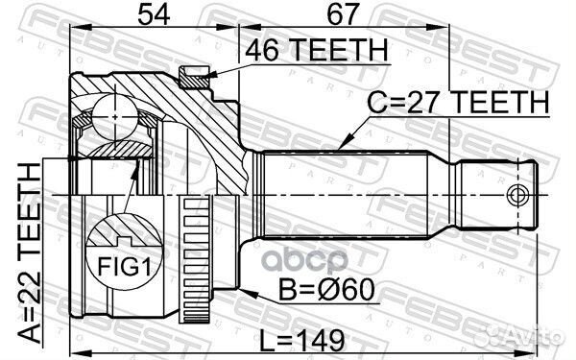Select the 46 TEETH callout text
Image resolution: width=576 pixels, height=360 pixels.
(x=316, y=51)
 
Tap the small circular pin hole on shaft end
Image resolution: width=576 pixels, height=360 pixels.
(x=518, y=196)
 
